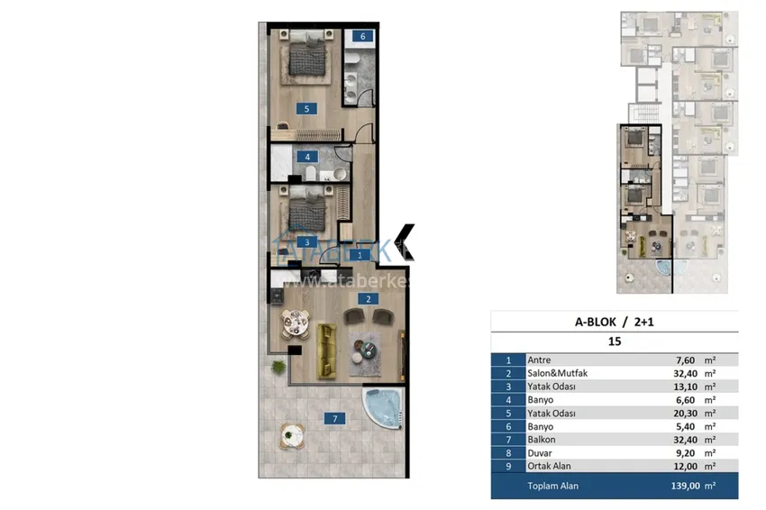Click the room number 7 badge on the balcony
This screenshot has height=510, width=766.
[334, 418]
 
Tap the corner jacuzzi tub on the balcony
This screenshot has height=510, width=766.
[382, 408]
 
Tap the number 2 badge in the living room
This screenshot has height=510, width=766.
[368, 297]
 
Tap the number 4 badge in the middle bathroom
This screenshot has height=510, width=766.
[307, 157]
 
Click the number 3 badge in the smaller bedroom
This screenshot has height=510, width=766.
[306, 242]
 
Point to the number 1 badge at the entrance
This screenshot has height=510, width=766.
[360, 256]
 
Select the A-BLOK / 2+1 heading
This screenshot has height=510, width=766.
[614, 322]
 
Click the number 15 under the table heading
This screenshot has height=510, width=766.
[615, 342]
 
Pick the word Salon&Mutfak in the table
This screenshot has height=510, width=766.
[559, 372]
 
